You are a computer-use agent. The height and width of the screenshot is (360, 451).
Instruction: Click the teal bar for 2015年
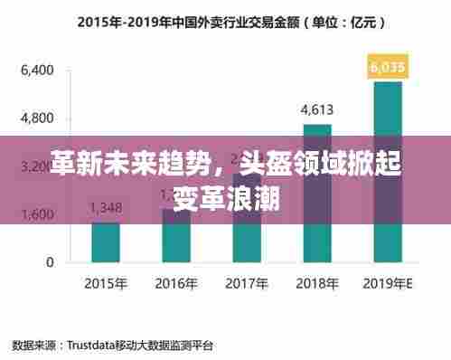coord(106,241)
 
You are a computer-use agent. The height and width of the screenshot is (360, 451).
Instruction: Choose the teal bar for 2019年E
coord(387,171)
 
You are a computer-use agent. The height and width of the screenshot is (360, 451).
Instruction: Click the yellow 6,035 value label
coord(388,66)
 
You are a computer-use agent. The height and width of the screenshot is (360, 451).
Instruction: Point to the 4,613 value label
coord(316,110)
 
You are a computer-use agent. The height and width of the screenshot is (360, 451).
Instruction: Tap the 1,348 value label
coord(106,207)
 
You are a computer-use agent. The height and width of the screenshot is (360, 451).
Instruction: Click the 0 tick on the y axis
coord(51,262)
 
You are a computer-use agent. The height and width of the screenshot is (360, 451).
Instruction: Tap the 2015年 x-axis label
coord(106,283)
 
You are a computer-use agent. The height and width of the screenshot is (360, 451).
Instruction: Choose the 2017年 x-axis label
coord(246,283)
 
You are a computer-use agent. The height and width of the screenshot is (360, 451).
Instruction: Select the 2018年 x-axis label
coord(316,283)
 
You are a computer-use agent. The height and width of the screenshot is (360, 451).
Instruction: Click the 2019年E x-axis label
coord(388,283)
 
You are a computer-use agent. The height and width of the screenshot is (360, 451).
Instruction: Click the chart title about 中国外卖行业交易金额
coord(225,20)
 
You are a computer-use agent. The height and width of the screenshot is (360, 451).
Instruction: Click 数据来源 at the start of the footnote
coord(33,345)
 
